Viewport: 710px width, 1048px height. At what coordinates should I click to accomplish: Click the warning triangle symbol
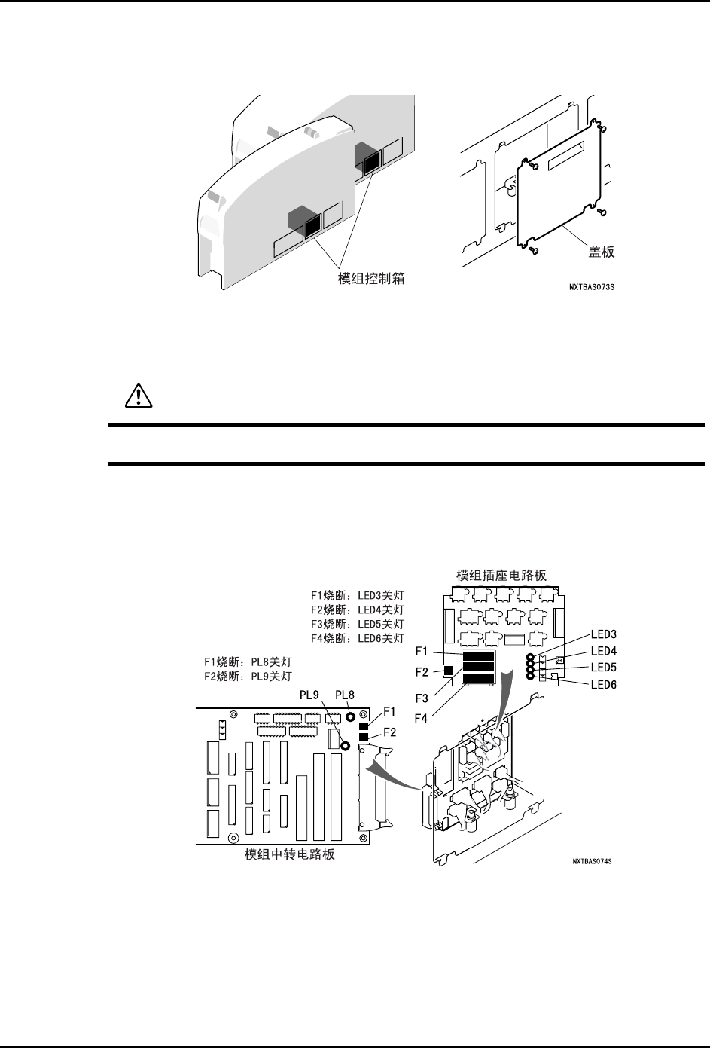click(138, 396)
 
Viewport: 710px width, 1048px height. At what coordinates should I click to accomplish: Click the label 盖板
click(601, 253)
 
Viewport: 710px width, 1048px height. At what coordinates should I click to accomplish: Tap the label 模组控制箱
click(370, 279)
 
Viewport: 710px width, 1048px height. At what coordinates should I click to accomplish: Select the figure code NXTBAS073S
click(593, 287)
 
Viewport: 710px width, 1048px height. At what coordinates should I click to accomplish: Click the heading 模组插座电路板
click(501, 575)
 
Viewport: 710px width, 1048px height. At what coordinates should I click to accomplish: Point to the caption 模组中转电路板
click(290, 855)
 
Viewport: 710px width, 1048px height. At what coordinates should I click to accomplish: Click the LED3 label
click(604, 634)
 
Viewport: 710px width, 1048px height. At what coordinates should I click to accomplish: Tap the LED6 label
click(604, 683)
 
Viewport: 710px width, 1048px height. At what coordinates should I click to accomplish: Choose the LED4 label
click(604, 650)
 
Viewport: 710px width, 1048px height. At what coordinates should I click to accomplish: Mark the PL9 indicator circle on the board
click(346, 746)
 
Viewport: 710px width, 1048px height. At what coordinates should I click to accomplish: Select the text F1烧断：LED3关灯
click(358, 595)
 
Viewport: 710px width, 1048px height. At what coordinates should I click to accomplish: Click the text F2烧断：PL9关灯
click(248, 676)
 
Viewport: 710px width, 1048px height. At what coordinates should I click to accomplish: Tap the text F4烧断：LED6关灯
click(358, 638)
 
